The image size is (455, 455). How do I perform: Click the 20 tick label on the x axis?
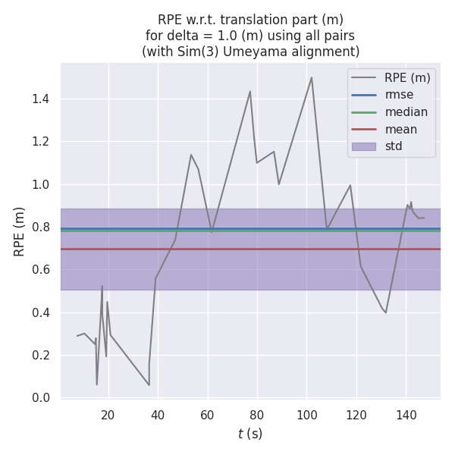pos(108,415)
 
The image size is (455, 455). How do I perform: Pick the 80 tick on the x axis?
pos(257,415)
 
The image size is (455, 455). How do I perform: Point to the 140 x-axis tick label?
pos(406,415)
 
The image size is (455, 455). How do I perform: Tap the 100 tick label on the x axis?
pos(306,415)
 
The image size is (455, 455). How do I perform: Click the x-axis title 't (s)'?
pos(250,434)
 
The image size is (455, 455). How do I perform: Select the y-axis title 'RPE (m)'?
pos(20,231)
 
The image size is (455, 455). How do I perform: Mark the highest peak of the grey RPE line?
pos(311,77)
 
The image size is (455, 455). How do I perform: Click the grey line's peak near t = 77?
pos(249,92)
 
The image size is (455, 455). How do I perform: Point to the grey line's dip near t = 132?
pos(386,312)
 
